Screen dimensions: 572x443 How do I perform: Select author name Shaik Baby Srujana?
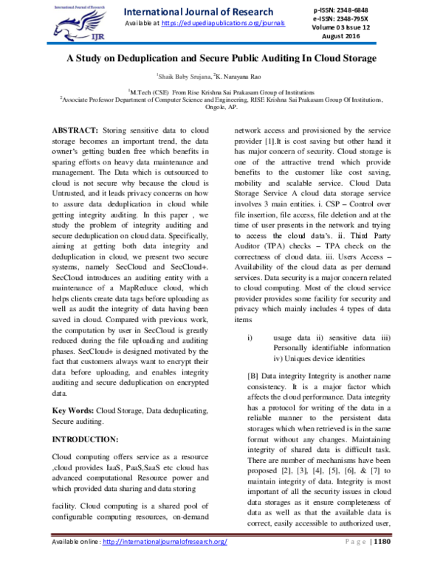tap(184, 75)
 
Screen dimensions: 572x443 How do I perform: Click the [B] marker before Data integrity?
tap(253, 375)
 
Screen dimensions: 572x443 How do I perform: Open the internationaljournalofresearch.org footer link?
tap(165, 562)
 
